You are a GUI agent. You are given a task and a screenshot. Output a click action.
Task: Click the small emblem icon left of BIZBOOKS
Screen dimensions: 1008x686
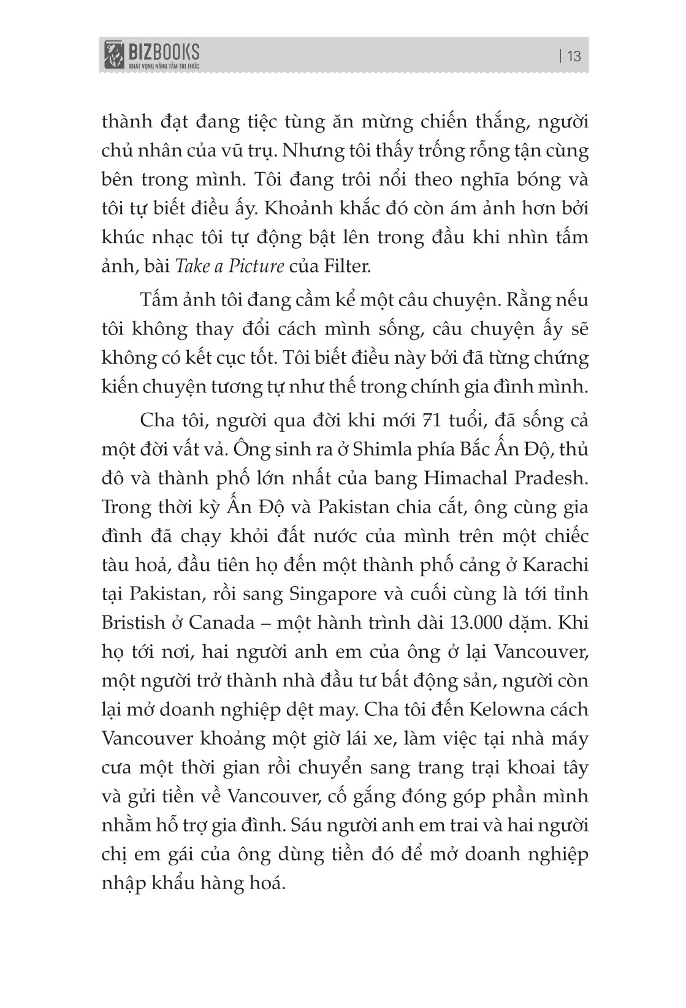[x=113, y=55]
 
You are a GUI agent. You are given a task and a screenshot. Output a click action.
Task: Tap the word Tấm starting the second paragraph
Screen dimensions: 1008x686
[x=159, y=300]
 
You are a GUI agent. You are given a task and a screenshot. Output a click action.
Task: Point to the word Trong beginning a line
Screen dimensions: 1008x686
[x=130, y=507]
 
